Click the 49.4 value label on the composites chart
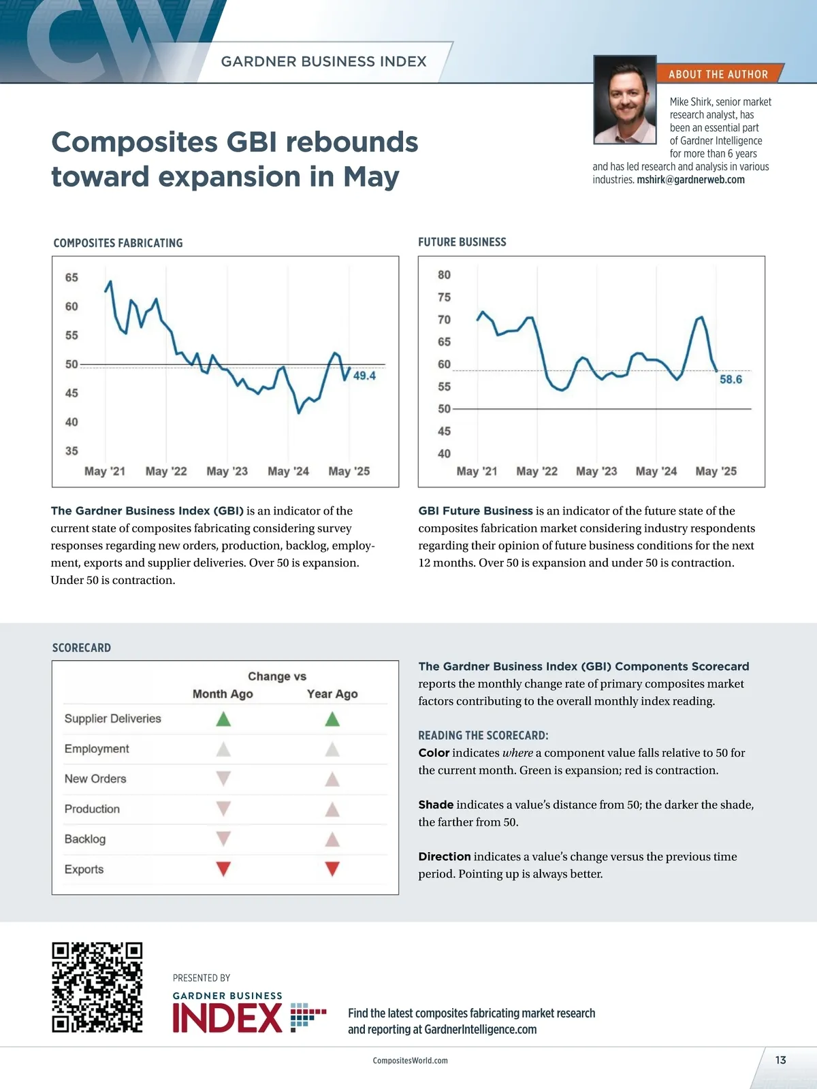click(364, 376)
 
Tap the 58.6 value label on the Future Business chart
click(731, 379)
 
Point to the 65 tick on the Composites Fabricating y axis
click(71, 278)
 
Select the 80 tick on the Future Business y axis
click(444, 275)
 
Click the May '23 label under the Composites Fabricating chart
click(227, 471)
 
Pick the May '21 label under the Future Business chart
click(477, 471)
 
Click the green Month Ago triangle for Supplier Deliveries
click(223, 719)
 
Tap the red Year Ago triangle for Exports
click(332, 869)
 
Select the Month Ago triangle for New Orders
click(223, 779)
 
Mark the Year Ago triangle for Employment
click(332, 749)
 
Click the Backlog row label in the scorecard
click(85, 839)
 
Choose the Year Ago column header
click(332, 694)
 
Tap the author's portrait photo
click(625, 100)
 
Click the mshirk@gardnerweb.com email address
click(690, 180)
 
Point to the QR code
click(97, 988)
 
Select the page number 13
click(780, 1060)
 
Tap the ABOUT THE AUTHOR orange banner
click(718, 74)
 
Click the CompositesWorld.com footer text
click(410, 1060)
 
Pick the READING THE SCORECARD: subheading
click(483, 736)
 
